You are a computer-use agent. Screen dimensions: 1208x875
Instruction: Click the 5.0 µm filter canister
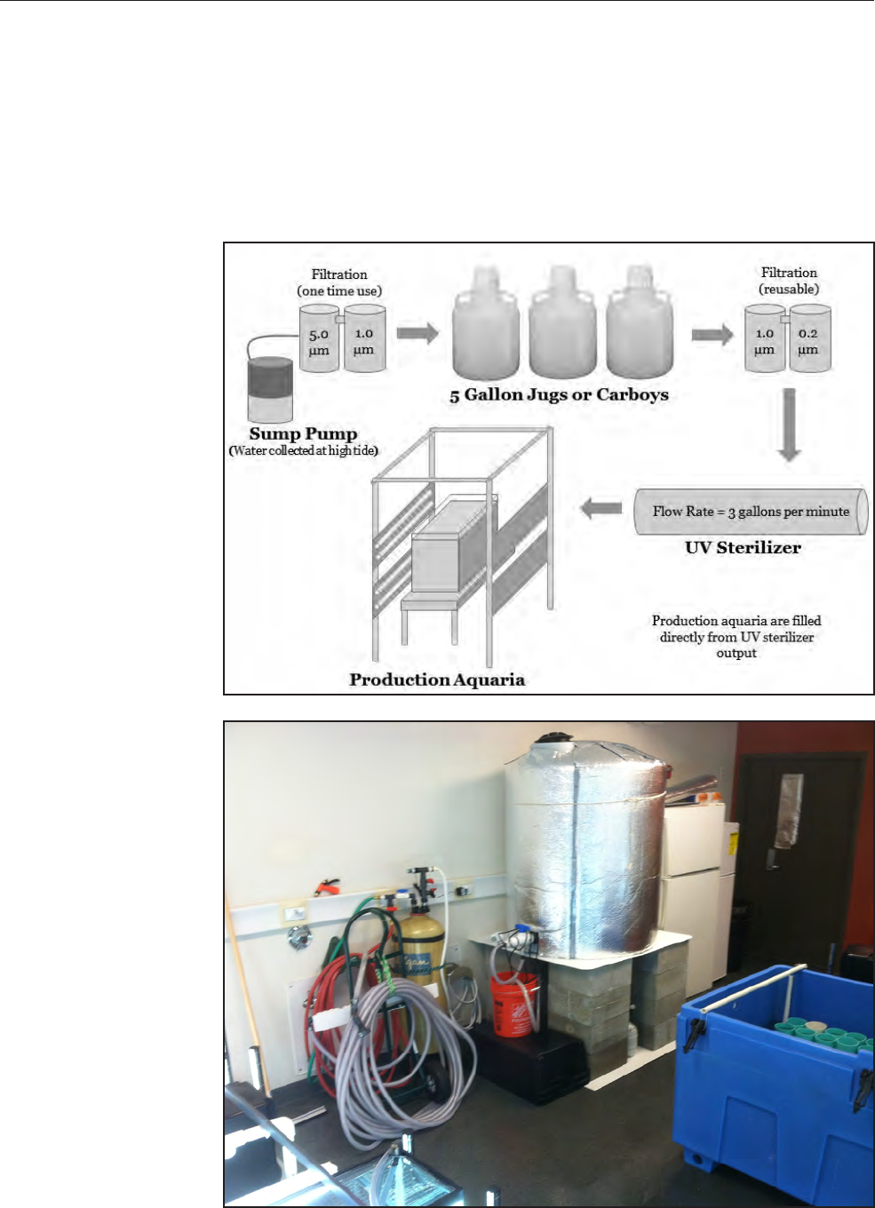[319, 340]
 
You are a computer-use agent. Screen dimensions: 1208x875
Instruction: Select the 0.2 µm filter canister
[809, 340]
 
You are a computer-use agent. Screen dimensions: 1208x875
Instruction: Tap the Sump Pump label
[303, 433]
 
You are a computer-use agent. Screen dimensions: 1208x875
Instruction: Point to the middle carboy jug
[562, 325]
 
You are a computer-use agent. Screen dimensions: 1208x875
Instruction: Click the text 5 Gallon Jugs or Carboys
[559, 395]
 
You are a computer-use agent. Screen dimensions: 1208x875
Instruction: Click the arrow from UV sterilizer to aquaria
[601, 509]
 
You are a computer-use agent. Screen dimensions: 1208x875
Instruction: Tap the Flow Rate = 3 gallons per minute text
[751, 512]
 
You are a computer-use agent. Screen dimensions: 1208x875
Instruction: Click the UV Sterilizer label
[743, 548]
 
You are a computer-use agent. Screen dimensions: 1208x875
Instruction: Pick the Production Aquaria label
[437, 680]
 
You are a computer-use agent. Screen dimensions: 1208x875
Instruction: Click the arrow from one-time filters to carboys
[418, 334]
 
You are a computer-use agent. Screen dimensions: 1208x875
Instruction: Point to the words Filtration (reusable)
[789, 281]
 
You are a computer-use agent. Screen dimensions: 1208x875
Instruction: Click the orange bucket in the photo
[513, 1004]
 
